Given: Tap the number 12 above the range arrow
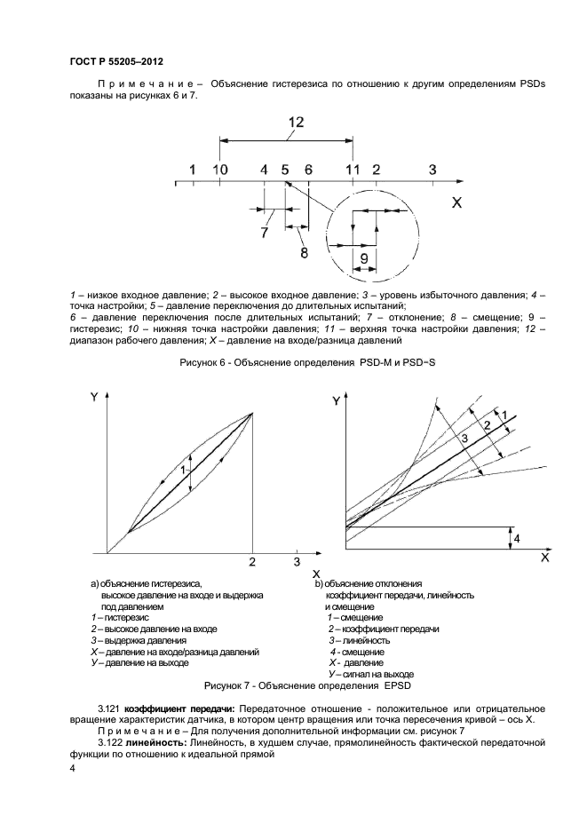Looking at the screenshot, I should pyautogui.click(x=297, y=122).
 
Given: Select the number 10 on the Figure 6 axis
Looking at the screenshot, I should pyautogui.click(x=220, y=169).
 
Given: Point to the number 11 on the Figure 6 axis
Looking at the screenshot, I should pyautogui.click(x=353, y=169).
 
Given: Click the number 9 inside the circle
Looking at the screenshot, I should pyautogui.click(x=362, y=257).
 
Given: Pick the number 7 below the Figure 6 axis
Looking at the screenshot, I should pyautogui.click(x=264, y=233).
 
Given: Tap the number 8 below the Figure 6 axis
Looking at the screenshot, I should pyautogui.click(x=304, y=252).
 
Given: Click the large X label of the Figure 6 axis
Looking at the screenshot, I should pyautogui.click(x=457, y=202).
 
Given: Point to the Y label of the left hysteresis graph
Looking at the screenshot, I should pyautogui.click(x=93, y=398).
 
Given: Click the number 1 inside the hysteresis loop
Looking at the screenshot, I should pyautogui.click(x=183, y=469).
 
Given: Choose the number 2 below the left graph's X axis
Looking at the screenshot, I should pyautogui.click(x=252, y=562).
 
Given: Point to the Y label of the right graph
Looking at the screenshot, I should pyautogui.click(x=336, y=401).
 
